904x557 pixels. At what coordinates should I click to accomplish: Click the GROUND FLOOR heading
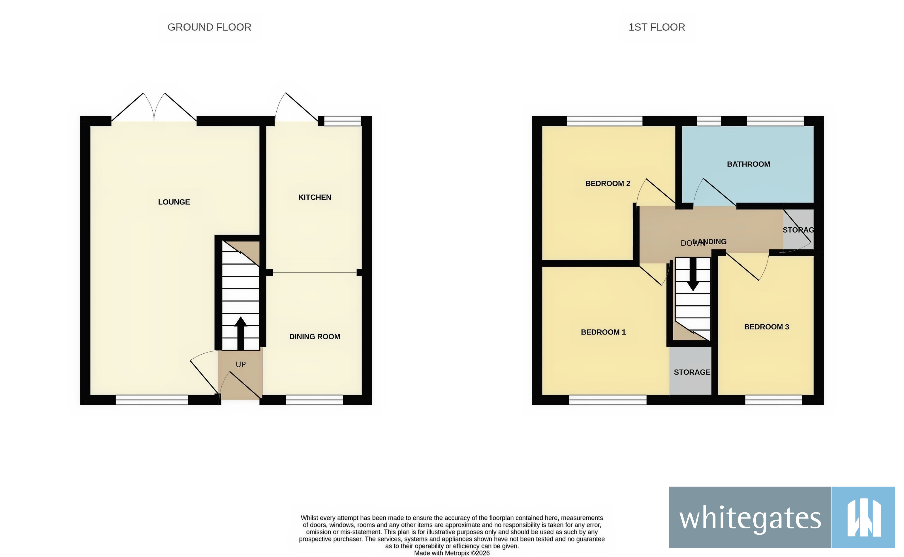209,27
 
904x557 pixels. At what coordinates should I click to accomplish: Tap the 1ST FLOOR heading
657,27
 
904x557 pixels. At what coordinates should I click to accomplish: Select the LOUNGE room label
174,202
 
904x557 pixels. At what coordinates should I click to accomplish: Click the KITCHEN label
315,197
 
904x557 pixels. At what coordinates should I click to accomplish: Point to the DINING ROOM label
315,337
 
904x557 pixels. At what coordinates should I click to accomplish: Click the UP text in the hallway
240,364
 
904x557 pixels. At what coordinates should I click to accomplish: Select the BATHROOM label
748,164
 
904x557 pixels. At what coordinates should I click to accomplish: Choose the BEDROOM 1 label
603,332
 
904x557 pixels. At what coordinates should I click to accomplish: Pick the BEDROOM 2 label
608,183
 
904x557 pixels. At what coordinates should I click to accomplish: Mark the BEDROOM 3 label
766,327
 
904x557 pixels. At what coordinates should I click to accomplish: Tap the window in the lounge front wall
152,400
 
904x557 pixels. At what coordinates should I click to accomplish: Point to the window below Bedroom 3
773,400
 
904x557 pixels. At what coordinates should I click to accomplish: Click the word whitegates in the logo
750,518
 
